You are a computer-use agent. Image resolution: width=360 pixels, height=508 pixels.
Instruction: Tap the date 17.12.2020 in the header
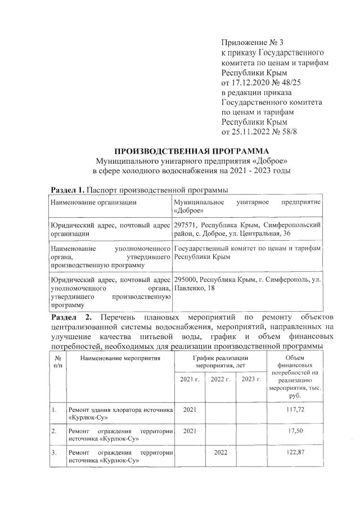coord(252,83)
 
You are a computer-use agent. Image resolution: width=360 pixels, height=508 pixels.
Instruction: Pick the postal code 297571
coord(187,224)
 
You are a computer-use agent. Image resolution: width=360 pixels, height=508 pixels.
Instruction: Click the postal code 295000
coord(187,280)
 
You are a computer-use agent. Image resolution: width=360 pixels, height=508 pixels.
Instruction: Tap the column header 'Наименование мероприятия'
coord(120,358)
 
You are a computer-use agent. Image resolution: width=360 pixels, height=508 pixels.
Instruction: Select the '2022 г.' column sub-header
coord(220,380)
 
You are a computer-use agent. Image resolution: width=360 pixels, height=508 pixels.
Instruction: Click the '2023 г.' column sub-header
coord(251,380)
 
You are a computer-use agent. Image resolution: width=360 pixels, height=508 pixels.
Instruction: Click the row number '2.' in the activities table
coord(53,431)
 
